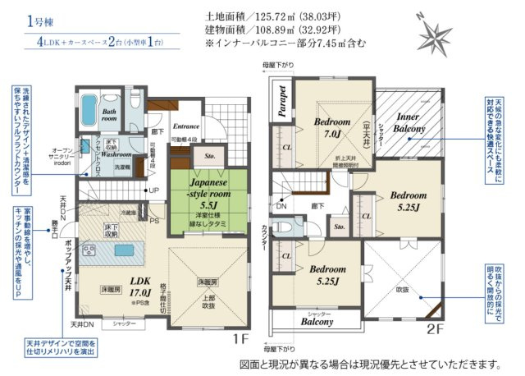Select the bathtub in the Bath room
click(x=88, y=110)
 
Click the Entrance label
click(x=186, y=127)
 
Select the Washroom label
click(x=116, y=154)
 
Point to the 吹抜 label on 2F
click(x=402, y=290)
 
